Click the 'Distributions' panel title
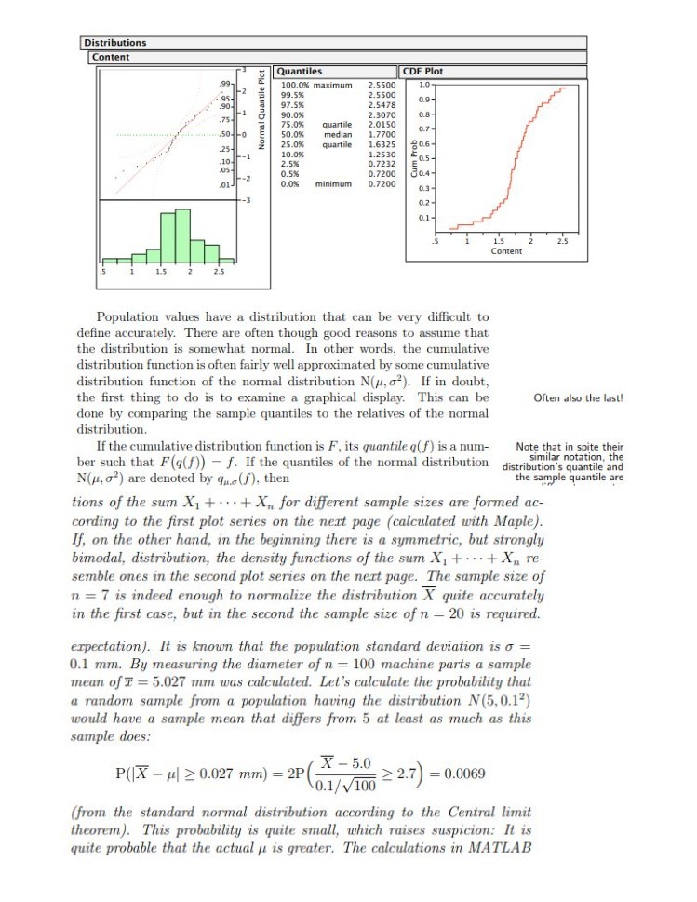point(115,42)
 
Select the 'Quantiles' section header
point(301,72)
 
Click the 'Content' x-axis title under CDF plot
point(506,251)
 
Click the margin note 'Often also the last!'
point(578,398)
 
